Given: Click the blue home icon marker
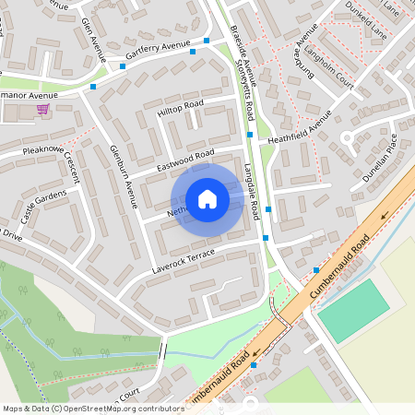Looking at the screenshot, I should click(x=207, y=199).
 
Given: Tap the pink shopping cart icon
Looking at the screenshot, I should click(x=42, y=109).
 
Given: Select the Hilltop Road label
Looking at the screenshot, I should click(x=180, y=107).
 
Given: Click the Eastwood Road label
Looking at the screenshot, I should click(x=185, y=160).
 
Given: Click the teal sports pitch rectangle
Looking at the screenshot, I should click(x=354, y=309).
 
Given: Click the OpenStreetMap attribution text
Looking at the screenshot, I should click(x=94, y=408).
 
